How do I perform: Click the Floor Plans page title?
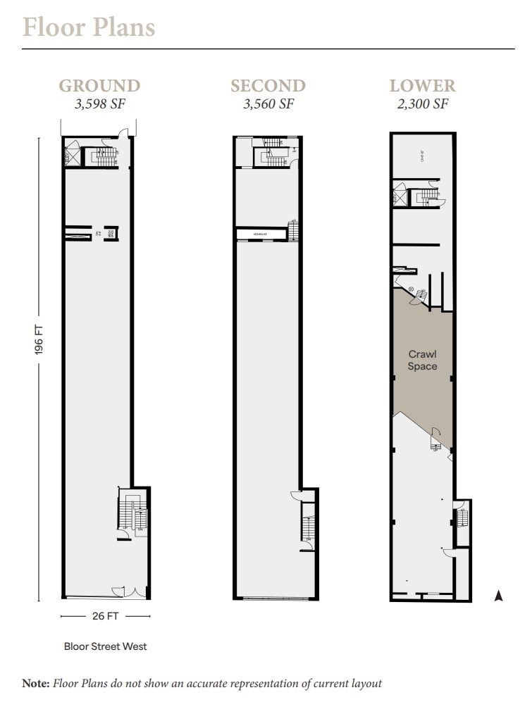(89, 27)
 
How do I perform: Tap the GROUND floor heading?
(99, 86)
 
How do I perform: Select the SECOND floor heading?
(268, 86)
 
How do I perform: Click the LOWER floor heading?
(423, 86)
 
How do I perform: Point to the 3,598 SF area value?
(99, 104)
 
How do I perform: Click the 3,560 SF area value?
(268, 104)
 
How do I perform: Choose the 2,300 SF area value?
(423, 104)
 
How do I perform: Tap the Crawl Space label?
(423, 361)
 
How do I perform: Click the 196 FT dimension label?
(39, 339)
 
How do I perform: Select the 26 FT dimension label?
(105, 616)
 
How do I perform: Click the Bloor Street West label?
(105, 646)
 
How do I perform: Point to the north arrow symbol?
(498, 596)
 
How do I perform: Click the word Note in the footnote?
(35, 683)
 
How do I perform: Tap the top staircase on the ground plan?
(104, 156)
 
